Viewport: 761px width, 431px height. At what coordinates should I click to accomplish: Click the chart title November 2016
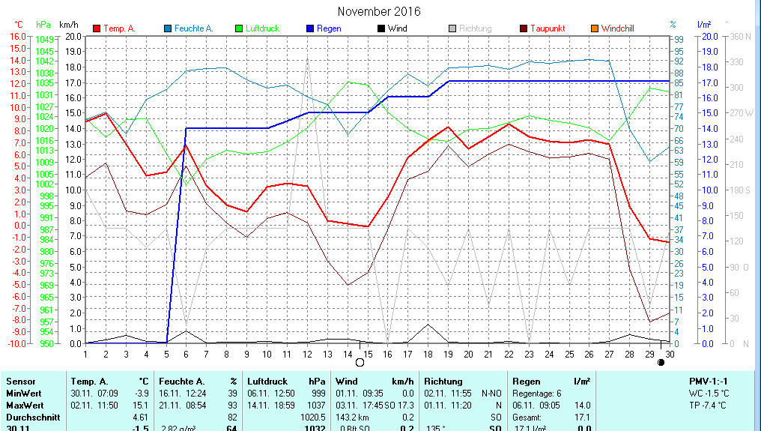[379, 11]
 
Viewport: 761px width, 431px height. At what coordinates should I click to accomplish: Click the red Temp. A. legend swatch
[97, 28]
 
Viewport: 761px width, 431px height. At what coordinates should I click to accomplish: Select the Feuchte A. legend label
[194, 28]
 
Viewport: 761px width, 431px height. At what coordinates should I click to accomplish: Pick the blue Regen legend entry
[328, 28]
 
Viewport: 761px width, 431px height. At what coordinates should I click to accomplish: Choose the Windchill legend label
[617, 28]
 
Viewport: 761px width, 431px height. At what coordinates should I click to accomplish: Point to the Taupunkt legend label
[548, 28]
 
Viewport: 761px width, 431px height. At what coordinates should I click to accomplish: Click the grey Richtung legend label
[476, 28]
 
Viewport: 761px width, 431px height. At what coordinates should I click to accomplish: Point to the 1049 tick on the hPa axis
[44, 39]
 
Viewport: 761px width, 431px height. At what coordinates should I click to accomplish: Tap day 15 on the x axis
[367, 353]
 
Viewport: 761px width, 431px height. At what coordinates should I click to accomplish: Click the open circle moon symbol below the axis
[360, 363]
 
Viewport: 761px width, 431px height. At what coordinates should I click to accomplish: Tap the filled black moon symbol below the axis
[661, 363]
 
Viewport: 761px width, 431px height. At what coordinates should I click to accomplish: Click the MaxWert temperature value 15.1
[139, 405]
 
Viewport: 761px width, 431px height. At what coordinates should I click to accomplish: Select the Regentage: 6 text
[536, 394]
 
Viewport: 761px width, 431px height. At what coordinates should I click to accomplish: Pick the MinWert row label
[23, 394]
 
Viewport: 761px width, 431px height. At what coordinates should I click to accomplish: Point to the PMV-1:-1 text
[707, 382]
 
